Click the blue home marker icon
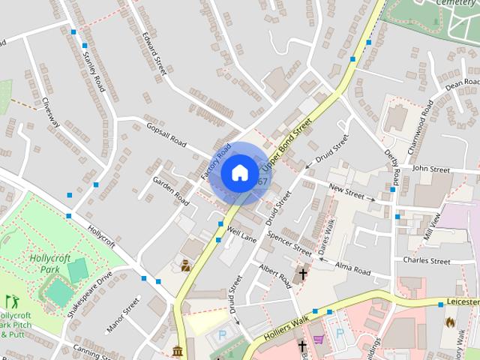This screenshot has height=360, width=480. click(x=239, y=173)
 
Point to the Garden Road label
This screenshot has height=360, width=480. click(x=171, y=190)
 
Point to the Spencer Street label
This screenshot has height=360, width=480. click(x=289, y=241)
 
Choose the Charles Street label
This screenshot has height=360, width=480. click(x=426, y=261)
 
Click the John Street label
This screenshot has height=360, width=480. click(x=430, y=170)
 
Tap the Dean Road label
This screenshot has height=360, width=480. click(x=461, y=85)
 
